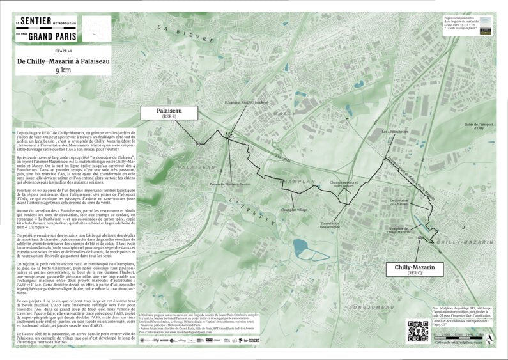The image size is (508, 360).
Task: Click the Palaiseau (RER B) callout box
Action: pyautogui.click(x=169, y=113)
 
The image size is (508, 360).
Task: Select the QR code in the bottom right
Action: pyautogui.click(x=417, y=331)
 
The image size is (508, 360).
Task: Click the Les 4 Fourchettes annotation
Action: pyautogui.click(x=394, y=132)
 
